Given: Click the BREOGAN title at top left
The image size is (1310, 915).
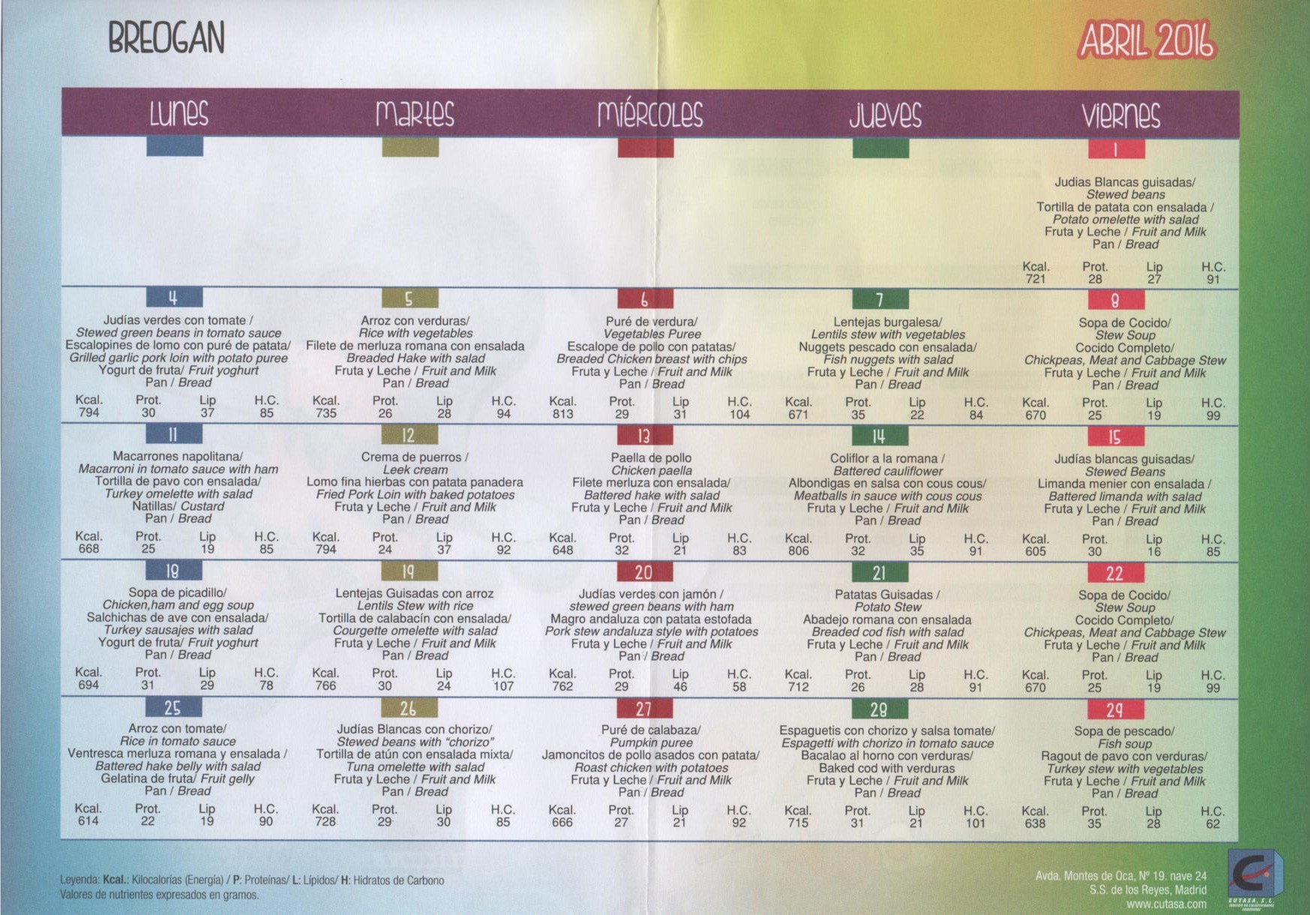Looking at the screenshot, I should coord(166,37).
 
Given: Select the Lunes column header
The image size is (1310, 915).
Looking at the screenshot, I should coord(178,114).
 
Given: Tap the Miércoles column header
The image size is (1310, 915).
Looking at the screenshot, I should coord(650,114).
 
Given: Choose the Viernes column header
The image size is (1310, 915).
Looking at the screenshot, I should coord(1120,115).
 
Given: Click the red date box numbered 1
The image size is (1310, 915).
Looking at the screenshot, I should coord(1116,149).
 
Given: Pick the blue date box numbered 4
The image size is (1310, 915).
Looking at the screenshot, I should coord(174,298).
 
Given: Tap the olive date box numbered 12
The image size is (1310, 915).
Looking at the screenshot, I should coord(409,435).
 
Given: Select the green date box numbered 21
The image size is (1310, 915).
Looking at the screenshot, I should coord(880,573).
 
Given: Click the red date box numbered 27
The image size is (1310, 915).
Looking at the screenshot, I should coord(644,709).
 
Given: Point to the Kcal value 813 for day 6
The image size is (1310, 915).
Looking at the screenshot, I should coord(562,414).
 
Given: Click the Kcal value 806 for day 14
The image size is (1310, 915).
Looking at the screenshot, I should coord(798,550).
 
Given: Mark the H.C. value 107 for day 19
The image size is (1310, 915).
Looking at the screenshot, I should coord(503,685).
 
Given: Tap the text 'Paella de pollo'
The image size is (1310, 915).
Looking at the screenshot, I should coord(651,457).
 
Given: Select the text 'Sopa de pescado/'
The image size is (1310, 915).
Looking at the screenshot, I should coord(1123,730).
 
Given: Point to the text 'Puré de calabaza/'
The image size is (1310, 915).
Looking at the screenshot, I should coord(650,730).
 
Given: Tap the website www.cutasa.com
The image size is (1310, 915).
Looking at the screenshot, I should coord(1166,904).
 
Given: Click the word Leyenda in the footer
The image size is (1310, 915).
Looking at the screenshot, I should coord(79,880).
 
